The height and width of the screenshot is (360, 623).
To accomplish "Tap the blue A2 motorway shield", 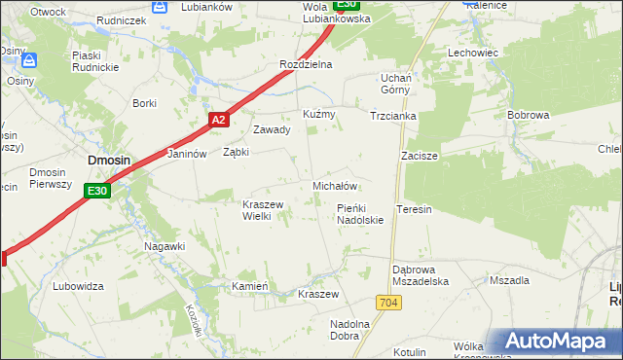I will click(x=219, y=120).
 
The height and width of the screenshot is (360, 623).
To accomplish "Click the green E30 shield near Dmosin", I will click(x=96, y=192).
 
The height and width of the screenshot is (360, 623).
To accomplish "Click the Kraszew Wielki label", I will click(x=262, y=210).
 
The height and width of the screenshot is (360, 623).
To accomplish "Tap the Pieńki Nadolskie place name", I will click(x=360, y=214).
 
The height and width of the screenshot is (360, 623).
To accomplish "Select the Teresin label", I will click(x=414, y=209).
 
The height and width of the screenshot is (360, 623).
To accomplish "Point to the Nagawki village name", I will click(x=165, y=246).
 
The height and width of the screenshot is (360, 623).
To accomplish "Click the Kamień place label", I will click(x=249, y=286).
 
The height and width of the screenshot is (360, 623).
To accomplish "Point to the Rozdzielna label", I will click(x=306, y=64).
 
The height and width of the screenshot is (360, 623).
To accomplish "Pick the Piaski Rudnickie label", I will click(x=93, y=62).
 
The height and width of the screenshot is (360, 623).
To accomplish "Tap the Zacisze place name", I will click(x=420, y=156).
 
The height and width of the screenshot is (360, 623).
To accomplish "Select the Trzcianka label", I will click(x=393, y=115).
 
